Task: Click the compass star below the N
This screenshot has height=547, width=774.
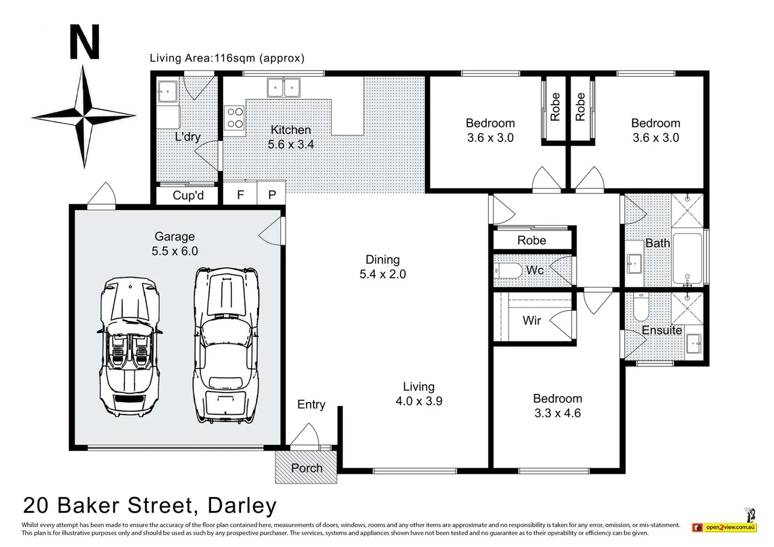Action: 84,116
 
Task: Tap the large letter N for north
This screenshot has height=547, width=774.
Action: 84,43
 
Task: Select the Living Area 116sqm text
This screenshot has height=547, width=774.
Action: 227,58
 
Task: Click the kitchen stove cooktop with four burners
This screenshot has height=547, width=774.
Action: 235,118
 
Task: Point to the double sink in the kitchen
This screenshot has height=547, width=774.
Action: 284,87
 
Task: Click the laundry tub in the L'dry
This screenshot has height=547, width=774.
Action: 167,92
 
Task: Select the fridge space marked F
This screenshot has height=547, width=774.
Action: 240,195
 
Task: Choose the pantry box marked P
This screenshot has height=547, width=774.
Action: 272,195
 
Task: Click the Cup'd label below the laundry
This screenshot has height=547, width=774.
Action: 188,196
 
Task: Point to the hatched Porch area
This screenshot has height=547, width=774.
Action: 306,467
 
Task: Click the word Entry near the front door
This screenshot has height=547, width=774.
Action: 311,404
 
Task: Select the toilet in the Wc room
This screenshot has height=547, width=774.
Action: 508,271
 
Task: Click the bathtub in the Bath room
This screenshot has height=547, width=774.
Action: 687,258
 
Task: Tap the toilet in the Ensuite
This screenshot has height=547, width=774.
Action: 641,307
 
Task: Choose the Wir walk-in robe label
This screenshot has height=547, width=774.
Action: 531,320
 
